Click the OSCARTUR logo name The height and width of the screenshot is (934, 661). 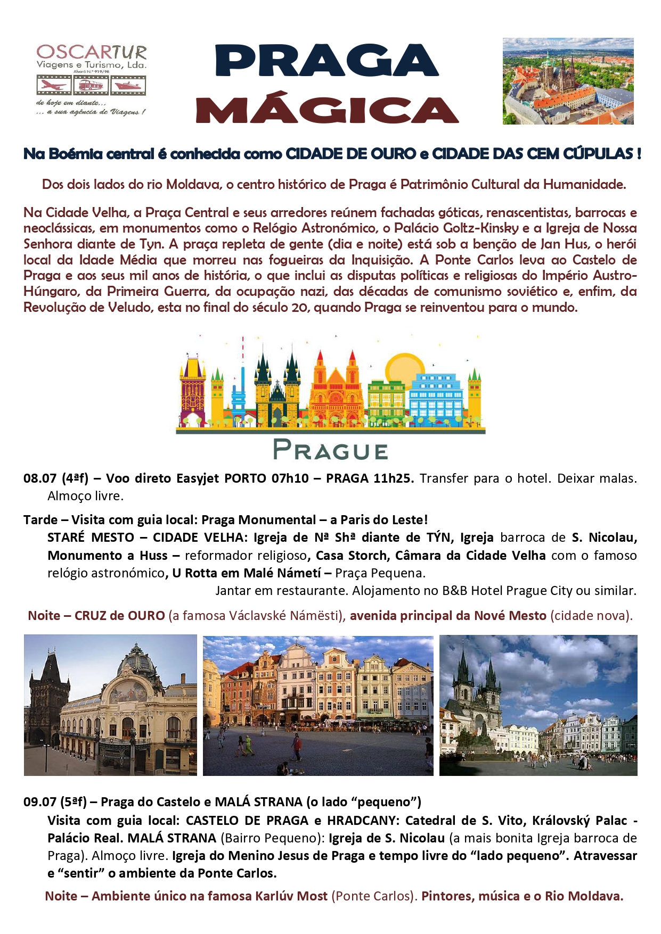(91, 52)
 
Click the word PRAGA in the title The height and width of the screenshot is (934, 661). (327, 60)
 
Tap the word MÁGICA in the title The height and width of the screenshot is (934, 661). (327, 110)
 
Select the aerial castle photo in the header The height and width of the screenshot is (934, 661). (568, 81)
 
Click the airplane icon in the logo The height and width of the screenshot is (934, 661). (52, 85)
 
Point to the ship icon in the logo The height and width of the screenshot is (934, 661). (128, 85)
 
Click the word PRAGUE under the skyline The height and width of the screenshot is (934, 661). (330, 451)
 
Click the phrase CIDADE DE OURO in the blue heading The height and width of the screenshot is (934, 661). (350, 154)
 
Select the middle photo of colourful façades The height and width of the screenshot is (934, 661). (318, 705)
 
